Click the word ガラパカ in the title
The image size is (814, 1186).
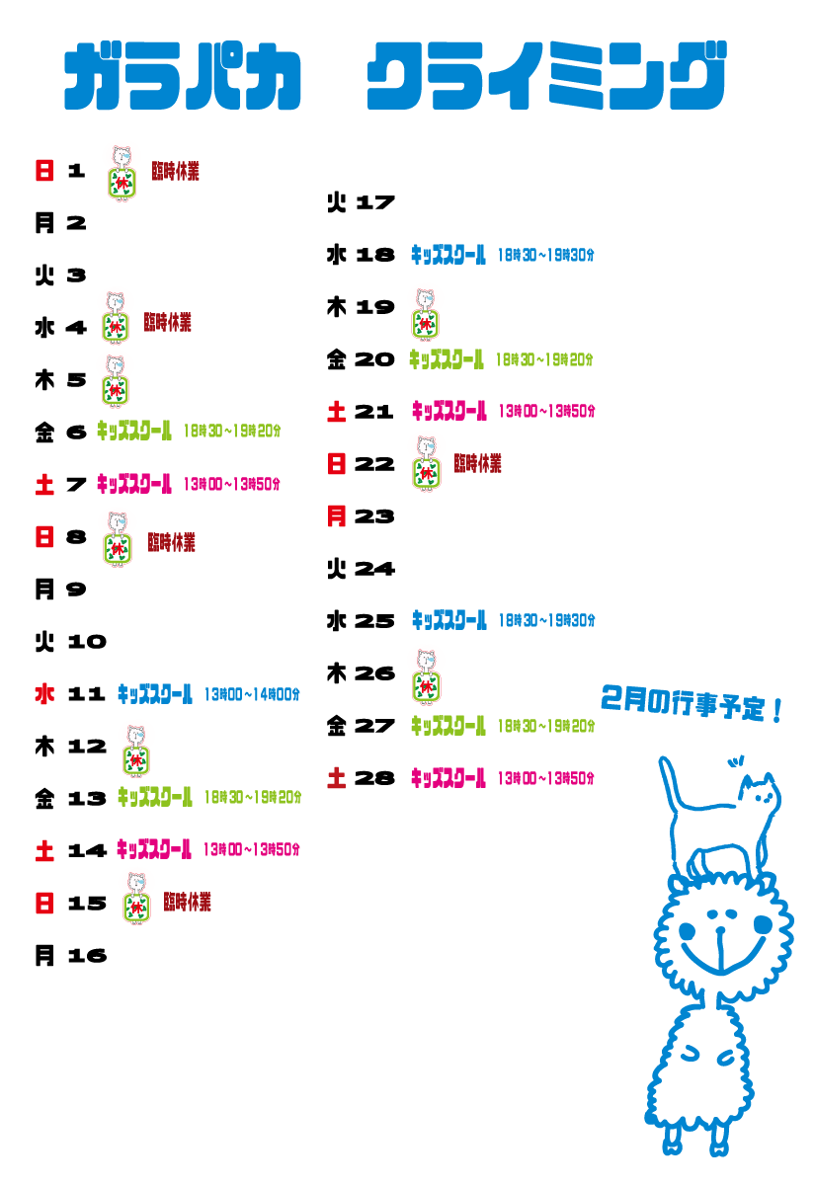(183, 76)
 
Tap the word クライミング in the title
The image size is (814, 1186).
(545, 76)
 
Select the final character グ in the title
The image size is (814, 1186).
(692, 76)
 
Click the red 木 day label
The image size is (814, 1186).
(44, 694)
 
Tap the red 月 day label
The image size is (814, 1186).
(337, 515)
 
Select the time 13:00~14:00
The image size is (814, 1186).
(251, 695)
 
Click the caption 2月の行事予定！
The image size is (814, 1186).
(692, 703)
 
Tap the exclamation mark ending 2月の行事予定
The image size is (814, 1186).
(778, 708)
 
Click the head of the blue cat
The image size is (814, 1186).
(759, 792)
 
